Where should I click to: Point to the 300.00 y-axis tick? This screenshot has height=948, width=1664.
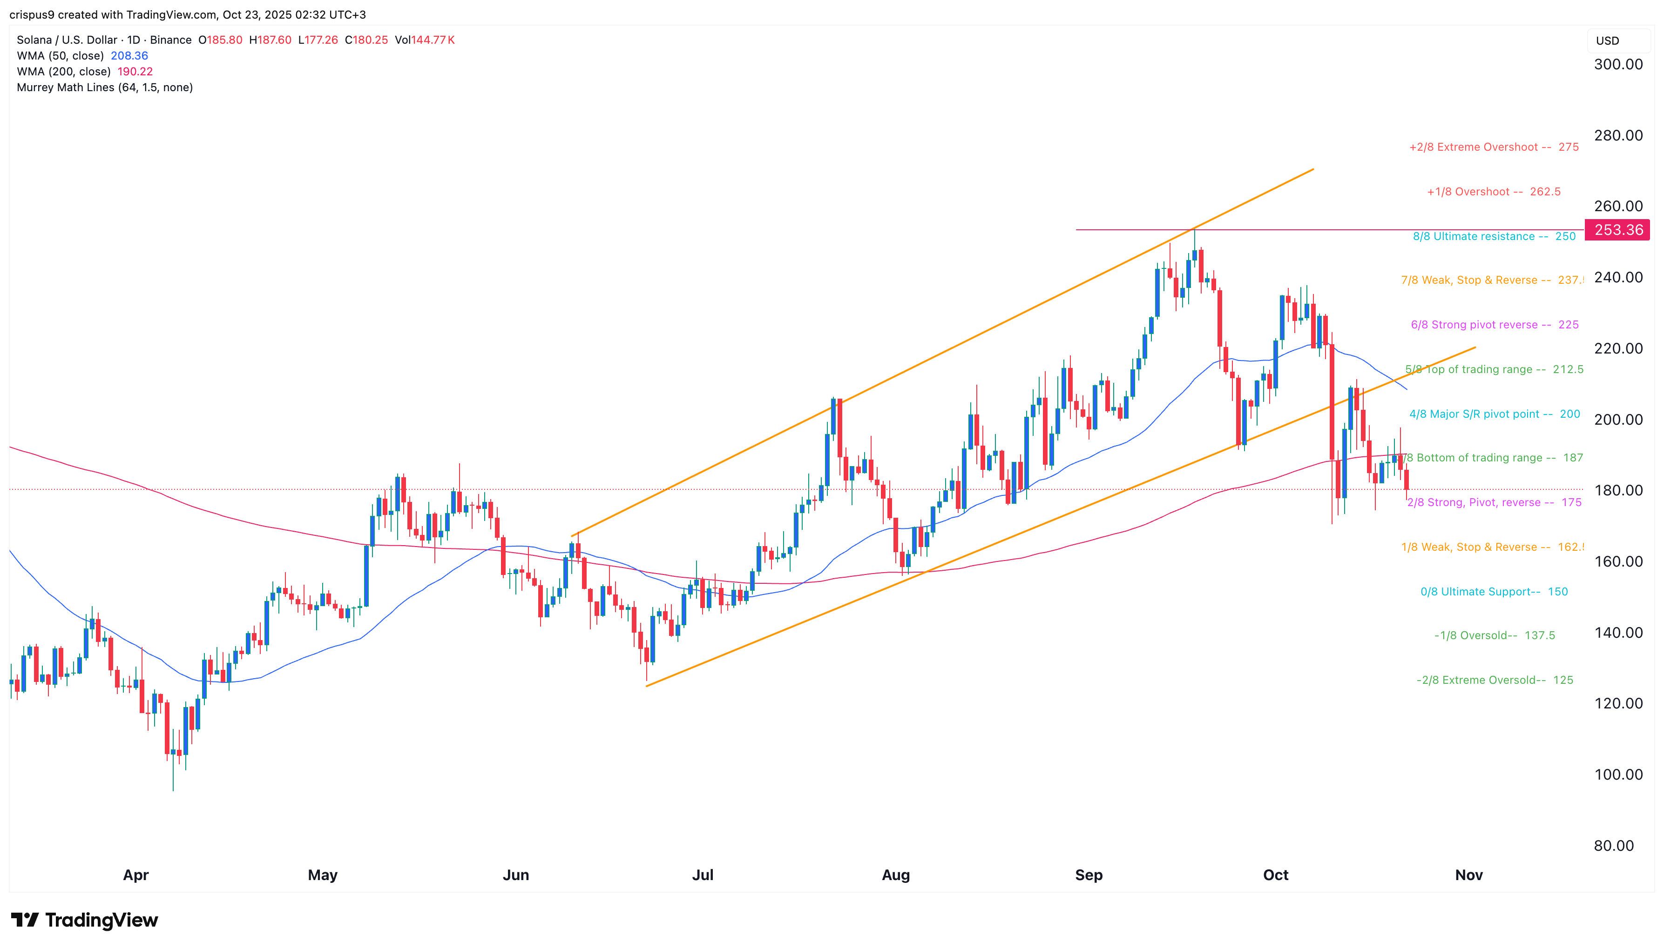click(1618, 65)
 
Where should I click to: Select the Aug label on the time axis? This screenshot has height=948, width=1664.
click(895, 875)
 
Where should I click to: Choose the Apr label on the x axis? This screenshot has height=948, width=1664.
click(135, 875)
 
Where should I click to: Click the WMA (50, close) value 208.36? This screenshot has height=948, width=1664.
click(129, 56)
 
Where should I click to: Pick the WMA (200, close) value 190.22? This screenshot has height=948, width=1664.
click(135, 72)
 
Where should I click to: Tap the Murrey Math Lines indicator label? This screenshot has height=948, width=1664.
click(104, 87)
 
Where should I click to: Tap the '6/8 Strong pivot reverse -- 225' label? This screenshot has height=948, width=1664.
click(1494, 325)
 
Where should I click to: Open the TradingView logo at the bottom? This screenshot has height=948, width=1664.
click(85, 920)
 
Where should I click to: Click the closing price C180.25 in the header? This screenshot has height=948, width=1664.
click(366, 40)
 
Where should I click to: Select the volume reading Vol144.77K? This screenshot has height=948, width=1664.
click(424, 40)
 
